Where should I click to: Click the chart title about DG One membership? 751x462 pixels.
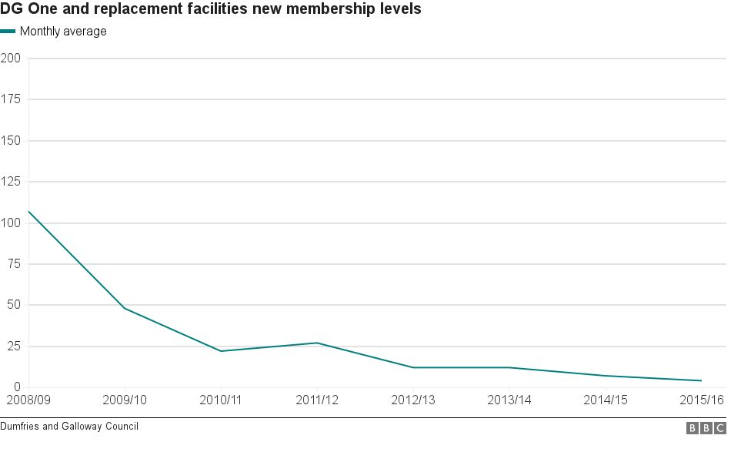point(211,10)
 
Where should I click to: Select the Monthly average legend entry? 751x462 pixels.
point(62,32)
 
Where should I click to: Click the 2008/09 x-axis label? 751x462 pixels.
point(28,400)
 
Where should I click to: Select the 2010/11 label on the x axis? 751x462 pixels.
point(221,400)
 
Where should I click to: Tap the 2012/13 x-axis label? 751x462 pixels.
point(413,400)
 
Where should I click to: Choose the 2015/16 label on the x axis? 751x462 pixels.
point(702,400)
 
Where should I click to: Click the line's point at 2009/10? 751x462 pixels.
point(125,309)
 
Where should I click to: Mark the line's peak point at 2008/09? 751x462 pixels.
point(28,211)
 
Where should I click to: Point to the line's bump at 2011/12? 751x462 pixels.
point(317,343)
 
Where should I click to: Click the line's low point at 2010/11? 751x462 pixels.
point(221,351)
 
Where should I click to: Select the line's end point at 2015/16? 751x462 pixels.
point(701,380)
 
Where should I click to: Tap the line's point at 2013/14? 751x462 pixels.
point(509,367)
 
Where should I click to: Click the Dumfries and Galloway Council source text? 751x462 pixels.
point(69,427)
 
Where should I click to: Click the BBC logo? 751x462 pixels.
point(706,428)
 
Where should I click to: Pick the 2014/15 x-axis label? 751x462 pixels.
point(606,400)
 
